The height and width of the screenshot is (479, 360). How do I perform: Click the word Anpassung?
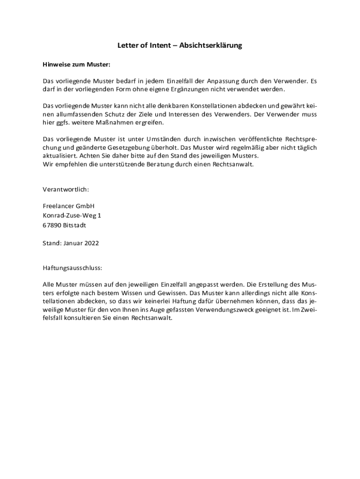220,81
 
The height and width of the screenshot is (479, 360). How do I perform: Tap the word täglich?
306,147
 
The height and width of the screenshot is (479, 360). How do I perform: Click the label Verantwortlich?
65,189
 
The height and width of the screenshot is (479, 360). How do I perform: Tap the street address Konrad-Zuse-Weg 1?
72,215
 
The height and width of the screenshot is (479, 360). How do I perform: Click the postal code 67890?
52,225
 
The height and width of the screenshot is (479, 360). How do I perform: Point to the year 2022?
91,243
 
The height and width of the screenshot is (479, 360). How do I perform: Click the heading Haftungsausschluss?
72,269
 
